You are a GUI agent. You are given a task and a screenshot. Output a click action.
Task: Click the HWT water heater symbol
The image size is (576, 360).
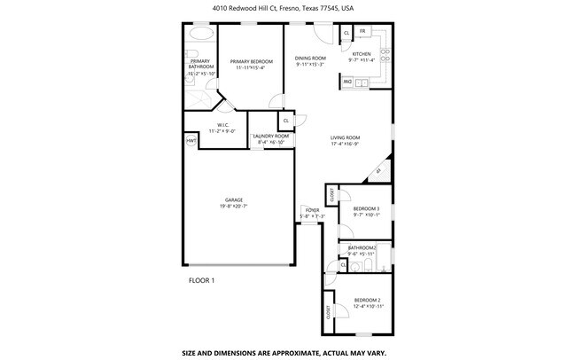tap(191, 141)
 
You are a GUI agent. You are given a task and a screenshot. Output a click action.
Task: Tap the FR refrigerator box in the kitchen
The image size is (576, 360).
tap(363, 32)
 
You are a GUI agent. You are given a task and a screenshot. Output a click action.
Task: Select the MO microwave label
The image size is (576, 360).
tap(348, 82)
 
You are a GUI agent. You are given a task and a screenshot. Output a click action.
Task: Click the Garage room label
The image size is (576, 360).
tap(234, 200)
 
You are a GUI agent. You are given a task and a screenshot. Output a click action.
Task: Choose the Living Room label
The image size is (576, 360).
tap(345, 137)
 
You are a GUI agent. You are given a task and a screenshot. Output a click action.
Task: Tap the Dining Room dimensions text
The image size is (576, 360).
tap(310, 64)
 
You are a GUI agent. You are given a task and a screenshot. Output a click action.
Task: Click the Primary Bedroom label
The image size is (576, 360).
tap(251, 61)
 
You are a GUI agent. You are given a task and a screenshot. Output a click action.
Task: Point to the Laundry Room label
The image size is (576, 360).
tap(271, 136)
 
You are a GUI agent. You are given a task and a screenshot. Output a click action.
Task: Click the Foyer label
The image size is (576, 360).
tap(312, 210)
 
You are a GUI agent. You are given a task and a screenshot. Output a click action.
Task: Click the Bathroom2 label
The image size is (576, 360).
tap(362, 247)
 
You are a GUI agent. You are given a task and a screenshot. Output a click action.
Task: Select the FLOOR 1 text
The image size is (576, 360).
tap(201, 280)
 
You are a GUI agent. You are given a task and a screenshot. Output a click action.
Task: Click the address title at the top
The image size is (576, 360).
tap(287, 8)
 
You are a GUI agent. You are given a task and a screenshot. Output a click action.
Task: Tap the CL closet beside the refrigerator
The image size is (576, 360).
tap(346, 33)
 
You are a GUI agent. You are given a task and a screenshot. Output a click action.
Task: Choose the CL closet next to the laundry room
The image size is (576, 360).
tap(286, 120)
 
